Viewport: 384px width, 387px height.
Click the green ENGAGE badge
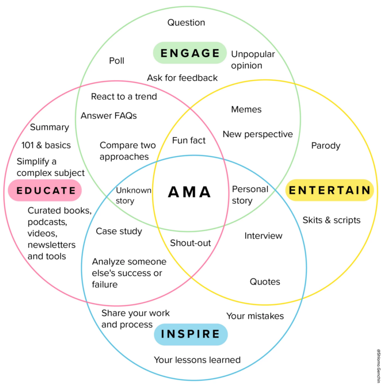(x=190, y=53)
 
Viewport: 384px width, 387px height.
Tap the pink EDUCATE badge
(x=45, y=190)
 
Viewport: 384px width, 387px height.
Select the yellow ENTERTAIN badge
(x=329, y=190)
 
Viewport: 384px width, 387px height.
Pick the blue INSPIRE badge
(x=191, y=334)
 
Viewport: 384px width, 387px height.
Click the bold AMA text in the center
(x=190, y=192)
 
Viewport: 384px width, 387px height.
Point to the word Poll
(x=117, y=61)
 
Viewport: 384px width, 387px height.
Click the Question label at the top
(x=186, y=23)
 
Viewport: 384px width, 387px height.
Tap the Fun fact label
(x=189, y=141)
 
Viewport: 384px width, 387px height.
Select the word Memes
(x=246, y=109)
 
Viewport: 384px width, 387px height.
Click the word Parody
(x=326, y=146)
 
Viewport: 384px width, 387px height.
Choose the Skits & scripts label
(x=331, y=220)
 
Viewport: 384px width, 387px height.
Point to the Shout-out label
(x=191, y=243)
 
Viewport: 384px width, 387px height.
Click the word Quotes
(x=265, y=282)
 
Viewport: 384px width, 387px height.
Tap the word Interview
(x=263, y=236)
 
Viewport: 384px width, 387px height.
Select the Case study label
(x=119, y=231)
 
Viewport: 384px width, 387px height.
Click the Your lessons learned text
(x=197, y=360)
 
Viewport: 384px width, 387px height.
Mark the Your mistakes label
(x=255, y=316)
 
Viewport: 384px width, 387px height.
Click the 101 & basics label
(x=46, y=145)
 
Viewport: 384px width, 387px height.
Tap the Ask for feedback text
(x=182, y=78)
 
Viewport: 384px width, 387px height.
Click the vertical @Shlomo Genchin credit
(x=378, y=366)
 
